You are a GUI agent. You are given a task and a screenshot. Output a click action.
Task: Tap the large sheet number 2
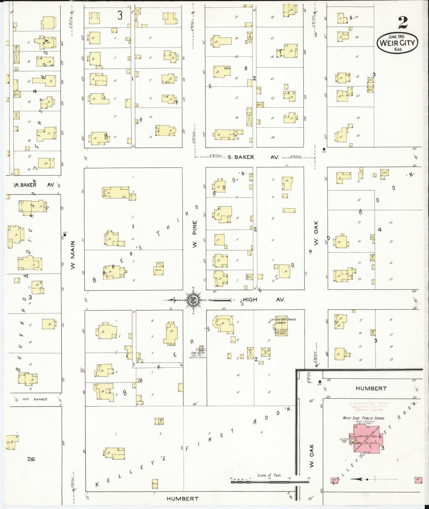point(403,22)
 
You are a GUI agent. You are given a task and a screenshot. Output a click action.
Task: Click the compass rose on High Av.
point(193,300)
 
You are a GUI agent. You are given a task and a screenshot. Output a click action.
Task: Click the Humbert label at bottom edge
point(182,499)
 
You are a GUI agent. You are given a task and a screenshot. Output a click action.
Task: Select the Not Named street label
point(35,399)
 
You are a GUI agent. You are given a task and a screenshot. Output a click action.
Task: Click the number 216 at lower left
point(31,459)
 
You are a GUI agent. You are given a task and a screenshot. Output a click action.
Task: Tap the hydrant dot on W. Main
point(65,235)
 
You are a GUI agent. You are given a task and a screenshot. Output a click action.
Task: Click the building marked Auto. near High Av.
point(159,269)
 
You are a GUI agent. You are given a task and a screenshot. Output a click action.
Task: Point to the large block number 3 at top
point(120,16)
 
